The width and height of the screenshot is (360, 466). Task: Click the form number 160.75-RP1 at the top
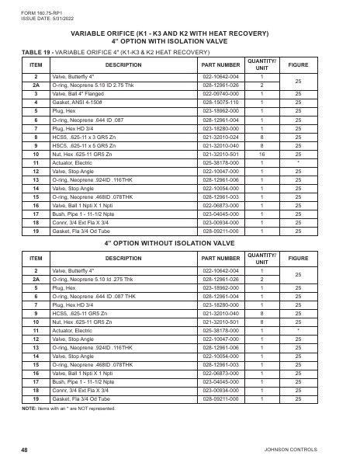coord(36,12)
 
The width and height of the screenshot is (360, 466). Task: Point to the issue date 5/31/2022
coord(40,17)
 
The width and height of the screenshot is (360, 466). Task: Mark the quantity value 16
coord(261,154)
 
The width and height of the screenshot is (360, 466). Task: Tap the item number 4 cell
coord(36,103)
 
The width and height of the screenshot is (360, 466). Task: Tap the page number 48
coord(25,449)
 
